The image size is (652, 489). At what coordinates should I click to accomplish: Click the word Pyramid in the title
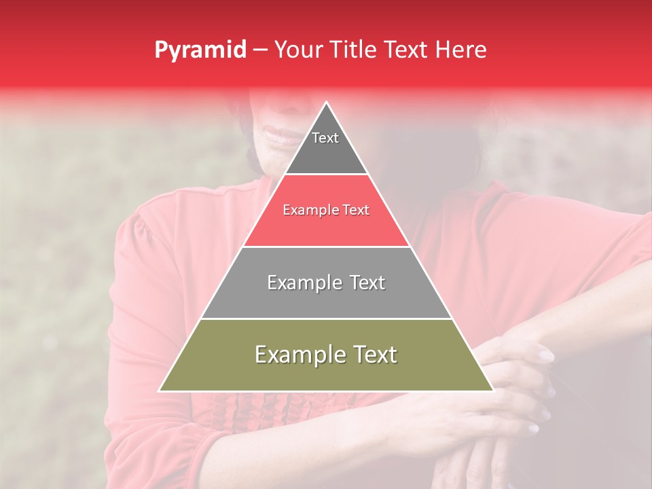click(x=200, y=50)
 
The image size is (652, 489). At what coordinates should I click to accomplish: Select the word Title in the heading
click(x=351, y=50)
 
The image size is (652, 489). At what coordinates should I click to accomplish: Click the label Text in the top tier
click(x=325, y=138)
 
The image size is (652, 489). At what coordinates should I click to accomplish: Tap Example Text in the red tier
click(x=326, y=210)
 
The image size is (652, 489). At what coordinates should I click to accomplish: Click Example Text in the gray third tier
click(x=326, y=283)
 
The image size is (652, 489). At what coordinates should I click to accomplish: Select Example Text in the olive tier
click(x=326, y=355)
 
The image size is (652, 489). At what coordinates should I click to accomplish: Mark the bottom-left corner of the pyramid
click(x=160, y=390)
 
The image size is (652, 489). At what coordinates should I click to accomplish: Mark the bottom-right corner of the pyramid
click(x=492, y=390)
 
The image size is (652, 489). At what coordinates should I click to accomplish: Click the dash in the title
click(x=259, y=50)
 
